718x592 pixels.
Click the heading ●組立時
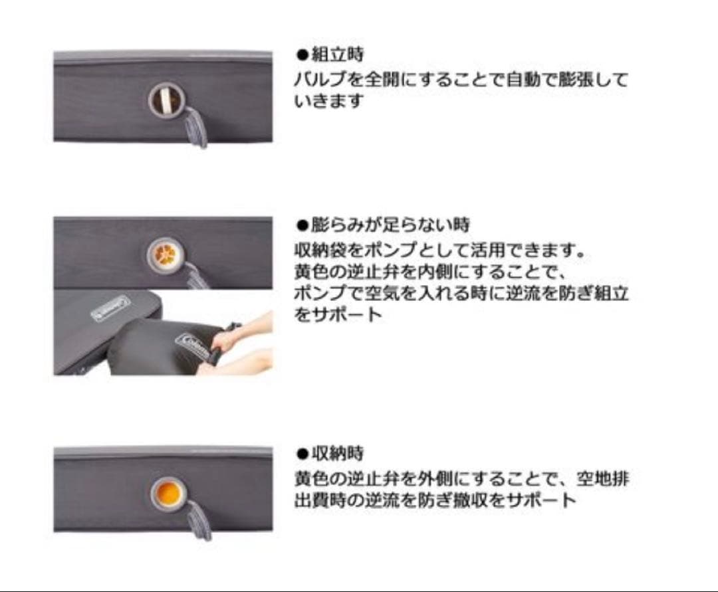(330, 54)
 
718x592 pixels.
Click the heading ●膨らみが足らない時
(383, 225)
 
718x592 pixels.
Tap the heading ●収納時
(330, 454)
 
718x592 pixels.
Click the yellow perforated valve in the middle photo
(164, 253)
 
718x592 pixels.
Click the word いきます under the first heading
(329, 102)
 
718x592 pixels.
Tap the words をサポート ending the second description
(338, 314)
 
